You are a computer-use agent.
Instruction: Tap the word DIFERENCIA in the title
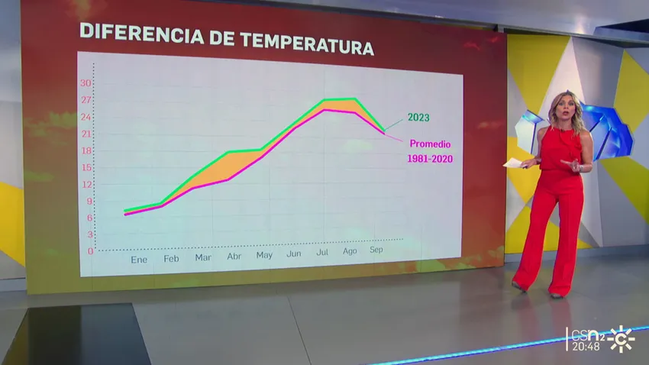coord(141,33)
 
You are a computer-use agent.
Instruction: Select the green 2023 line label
coord(418,118)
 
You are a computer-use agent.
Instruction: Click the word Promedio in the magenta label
coord(430,144)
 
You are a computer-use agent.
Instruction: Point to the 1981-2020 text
coord(430,159)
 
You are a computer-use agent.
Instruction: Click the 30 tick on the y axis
coord(86,83)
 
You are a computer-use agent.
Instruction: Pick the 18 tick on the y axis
coord(86,150)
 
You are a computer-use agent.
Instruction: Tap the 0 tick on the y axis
coord(90,251)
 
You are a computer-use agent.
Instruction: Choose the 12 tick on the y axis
coord(87,185)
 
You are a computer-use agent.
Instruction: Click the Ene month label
coord(139,260)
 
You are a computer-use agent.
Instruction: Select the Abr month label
coord(234,257)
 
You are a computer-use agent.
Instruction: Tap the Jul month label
coord(322,252)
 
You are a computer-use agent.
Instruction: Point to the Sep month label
coord(376,250)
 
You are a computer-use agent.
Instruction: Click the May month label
coord(264,255)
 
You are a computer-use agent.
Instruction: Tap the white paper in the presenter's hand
coord(515,163)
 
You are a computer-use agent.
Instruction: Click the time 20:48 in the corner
coord(586,347)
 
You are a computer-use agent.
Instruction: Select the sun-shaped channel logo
coord(622,338)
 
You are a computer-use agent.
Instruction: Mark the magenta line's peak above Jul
coord(324,110)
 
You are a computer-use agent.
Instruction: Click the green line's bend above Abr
coord(228,152)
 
